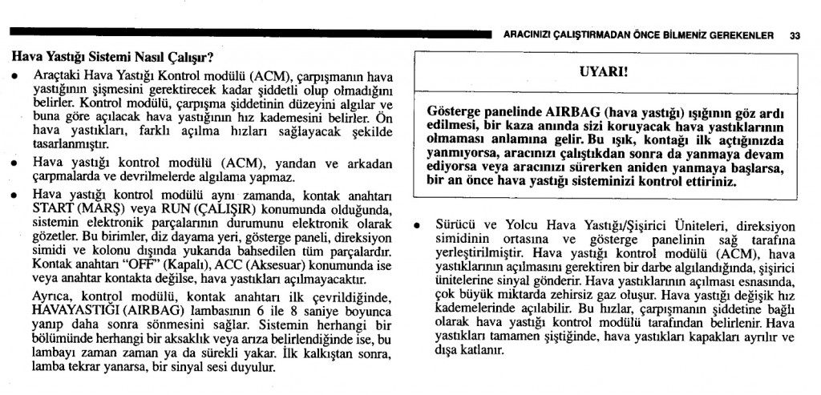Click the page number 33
point(795,35)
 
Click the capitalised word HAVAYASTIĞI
point(70,310)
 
